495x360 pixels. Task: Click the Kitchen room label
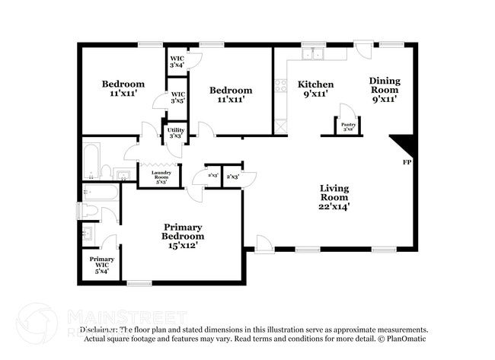click(x=315, y=88)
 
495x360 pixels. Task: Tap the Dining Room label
click(x=384, y=88)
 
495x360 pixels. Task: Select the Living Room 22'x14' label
click(x=334, y=196)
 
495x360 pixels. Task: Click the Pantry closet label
click(x=348, y=126)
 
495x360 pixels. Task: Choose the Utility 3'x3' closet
click(x=175, y=132)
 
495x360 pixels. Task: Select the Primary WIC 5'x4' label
click(x=102, y=264)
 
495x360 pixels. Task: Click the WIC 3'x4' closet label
click(x=177, y=61)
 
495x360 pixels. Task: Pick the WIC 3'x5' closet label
click(x=177, y=97)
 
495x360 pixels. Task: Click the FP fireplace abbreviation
click(x=406, y=163)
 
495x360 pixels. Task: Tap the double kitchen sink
click(x=312, y=54)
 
